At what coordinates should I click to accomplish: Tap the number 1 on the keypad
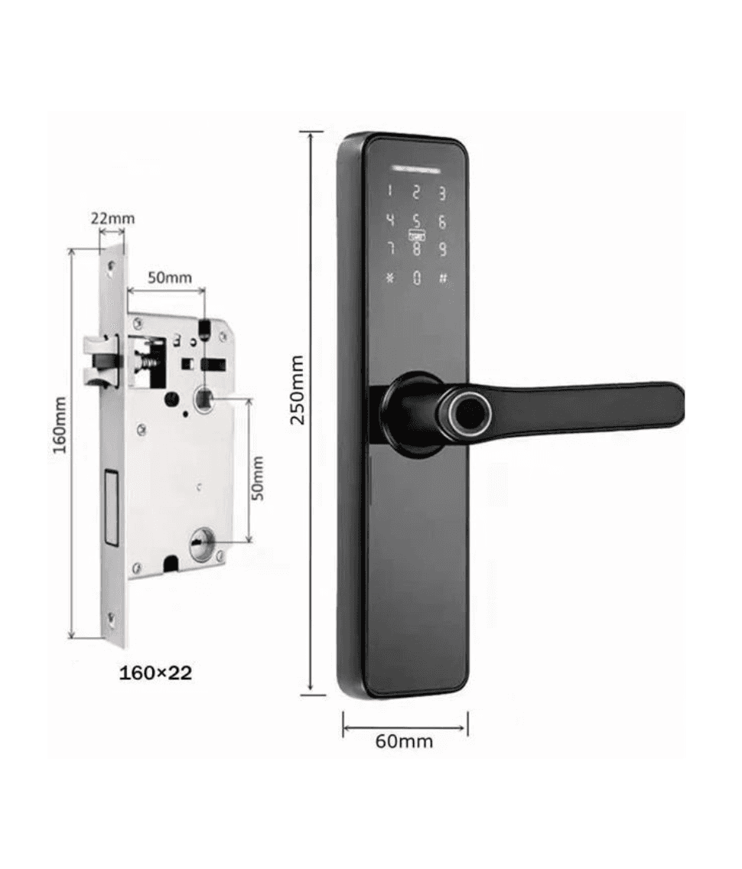pos(389,192)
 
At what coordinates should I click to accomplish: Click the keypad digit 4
pos(391,220)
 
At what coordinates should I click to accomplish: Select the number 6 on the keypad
pos(442,222)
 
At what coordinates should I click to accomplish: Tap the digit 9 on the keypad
pos(442,249)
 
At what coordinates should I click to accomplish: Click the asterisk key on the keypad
pos(390,277)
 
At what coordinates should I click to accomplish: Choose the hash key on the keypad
pos(443,278)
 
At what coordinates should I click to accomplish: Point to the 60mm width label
pos(404,740)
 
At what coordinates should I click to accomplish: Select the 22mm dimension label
pos(113,218)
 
